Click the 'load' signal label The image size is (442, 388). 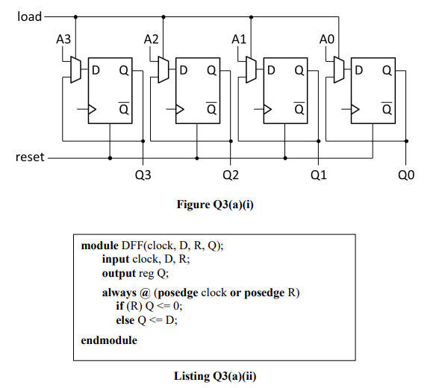point(29,16)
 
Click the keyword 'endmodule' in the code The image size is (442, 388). point(109,339)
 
